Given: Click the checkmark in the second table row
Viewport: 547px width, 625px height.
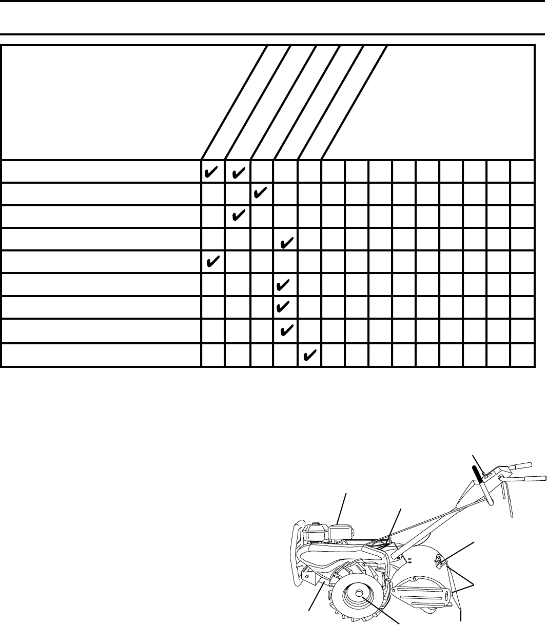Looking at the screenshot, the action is (x=260, y=194).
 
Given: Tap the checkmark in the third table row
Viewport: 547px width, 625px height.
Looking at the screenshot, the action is (x=237, y=216).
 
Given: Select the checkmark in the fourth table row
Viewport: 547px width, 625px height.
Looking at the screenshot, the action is (x=286, y=239).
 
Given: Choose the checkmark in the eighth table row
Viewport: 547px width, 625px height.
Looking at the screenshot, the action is (x=286, y=328).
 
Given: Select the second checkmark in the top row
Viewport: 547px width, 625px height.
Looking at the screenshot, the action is (x=237, y=171).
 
